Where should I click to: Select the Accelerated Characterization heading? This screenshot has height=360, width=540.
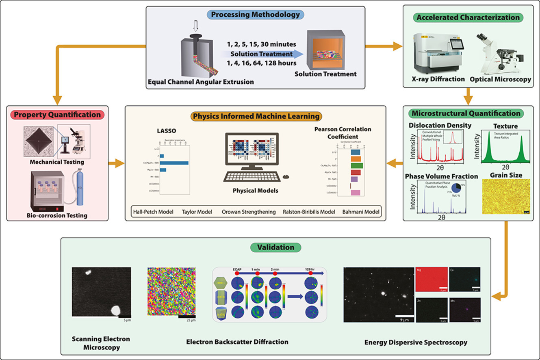[467, 17]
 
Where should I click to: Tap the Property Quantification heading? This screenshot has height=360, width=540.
[57, 115]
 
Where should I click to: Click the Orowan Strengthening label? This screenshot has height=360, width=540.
[248, 212]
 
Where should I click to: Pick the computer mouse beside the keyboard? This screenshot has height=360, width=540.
[286, 176]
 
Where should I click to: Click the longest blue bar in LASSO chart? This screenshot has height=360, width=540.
[174, 163]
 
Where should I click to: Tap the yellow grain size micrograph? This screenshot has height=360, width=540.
[506, 197]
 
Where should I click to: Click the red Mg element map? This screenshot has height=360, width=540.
[431, 280]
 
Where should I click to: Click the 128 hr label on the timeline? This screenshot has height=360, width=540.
[311, 269]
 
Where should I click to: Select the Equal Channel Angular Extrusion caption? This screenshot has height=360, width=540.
[201, 82]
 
